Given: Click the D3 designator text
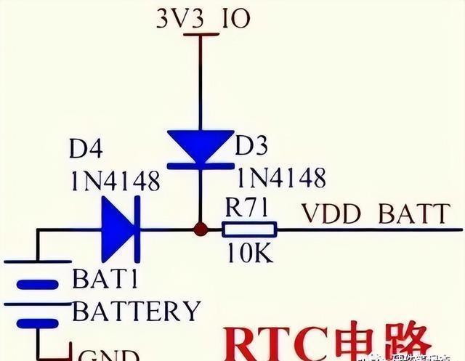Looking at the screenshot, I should point(251,147).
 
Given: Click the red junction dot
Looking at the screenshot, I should point(200,230).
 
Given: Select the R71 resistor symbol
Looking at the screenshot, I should point(249,230).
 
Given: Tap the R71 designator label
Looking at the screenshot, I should point(248,209).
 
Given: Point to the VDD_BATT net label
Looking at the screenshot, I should point(376,214).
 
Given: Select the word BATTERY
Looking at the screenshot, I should point(137,311).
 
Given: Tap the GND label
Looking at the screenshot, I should point(108,354).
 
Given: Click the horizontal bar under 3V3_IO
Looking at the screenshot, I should point(200,34).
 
